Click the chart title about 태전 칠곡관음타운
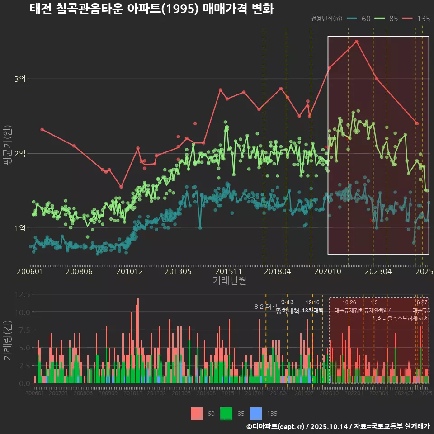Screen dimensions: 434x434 [151, 9]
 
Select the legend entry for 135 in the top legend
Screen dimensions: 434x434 [416, 19]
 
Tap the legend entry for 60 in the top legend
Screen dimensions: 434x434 [359, 19]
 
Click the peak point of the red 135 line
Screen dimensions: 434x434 [357, 41]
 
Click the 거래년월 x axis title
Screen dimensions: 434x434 [229, 281]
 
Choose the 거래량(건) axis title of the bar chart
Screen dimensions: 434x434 [7, 340]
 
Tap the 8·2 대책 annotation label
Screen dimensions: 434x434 [265, 307]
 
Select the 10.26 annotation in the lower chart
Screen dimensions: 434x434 [349, 302]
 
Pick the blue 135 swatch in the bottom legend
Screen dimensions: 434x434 [256, 413]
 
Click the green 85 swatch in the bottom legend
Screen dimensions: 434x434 [226, 413]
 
